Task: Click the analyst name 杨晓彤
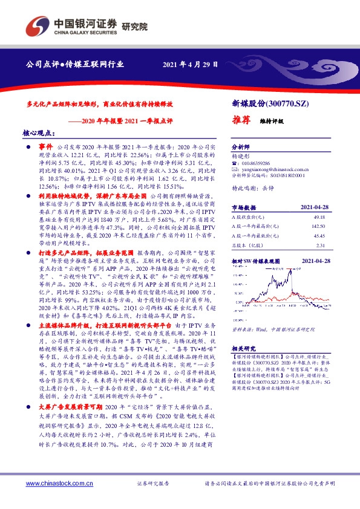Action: pos(241,155)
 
